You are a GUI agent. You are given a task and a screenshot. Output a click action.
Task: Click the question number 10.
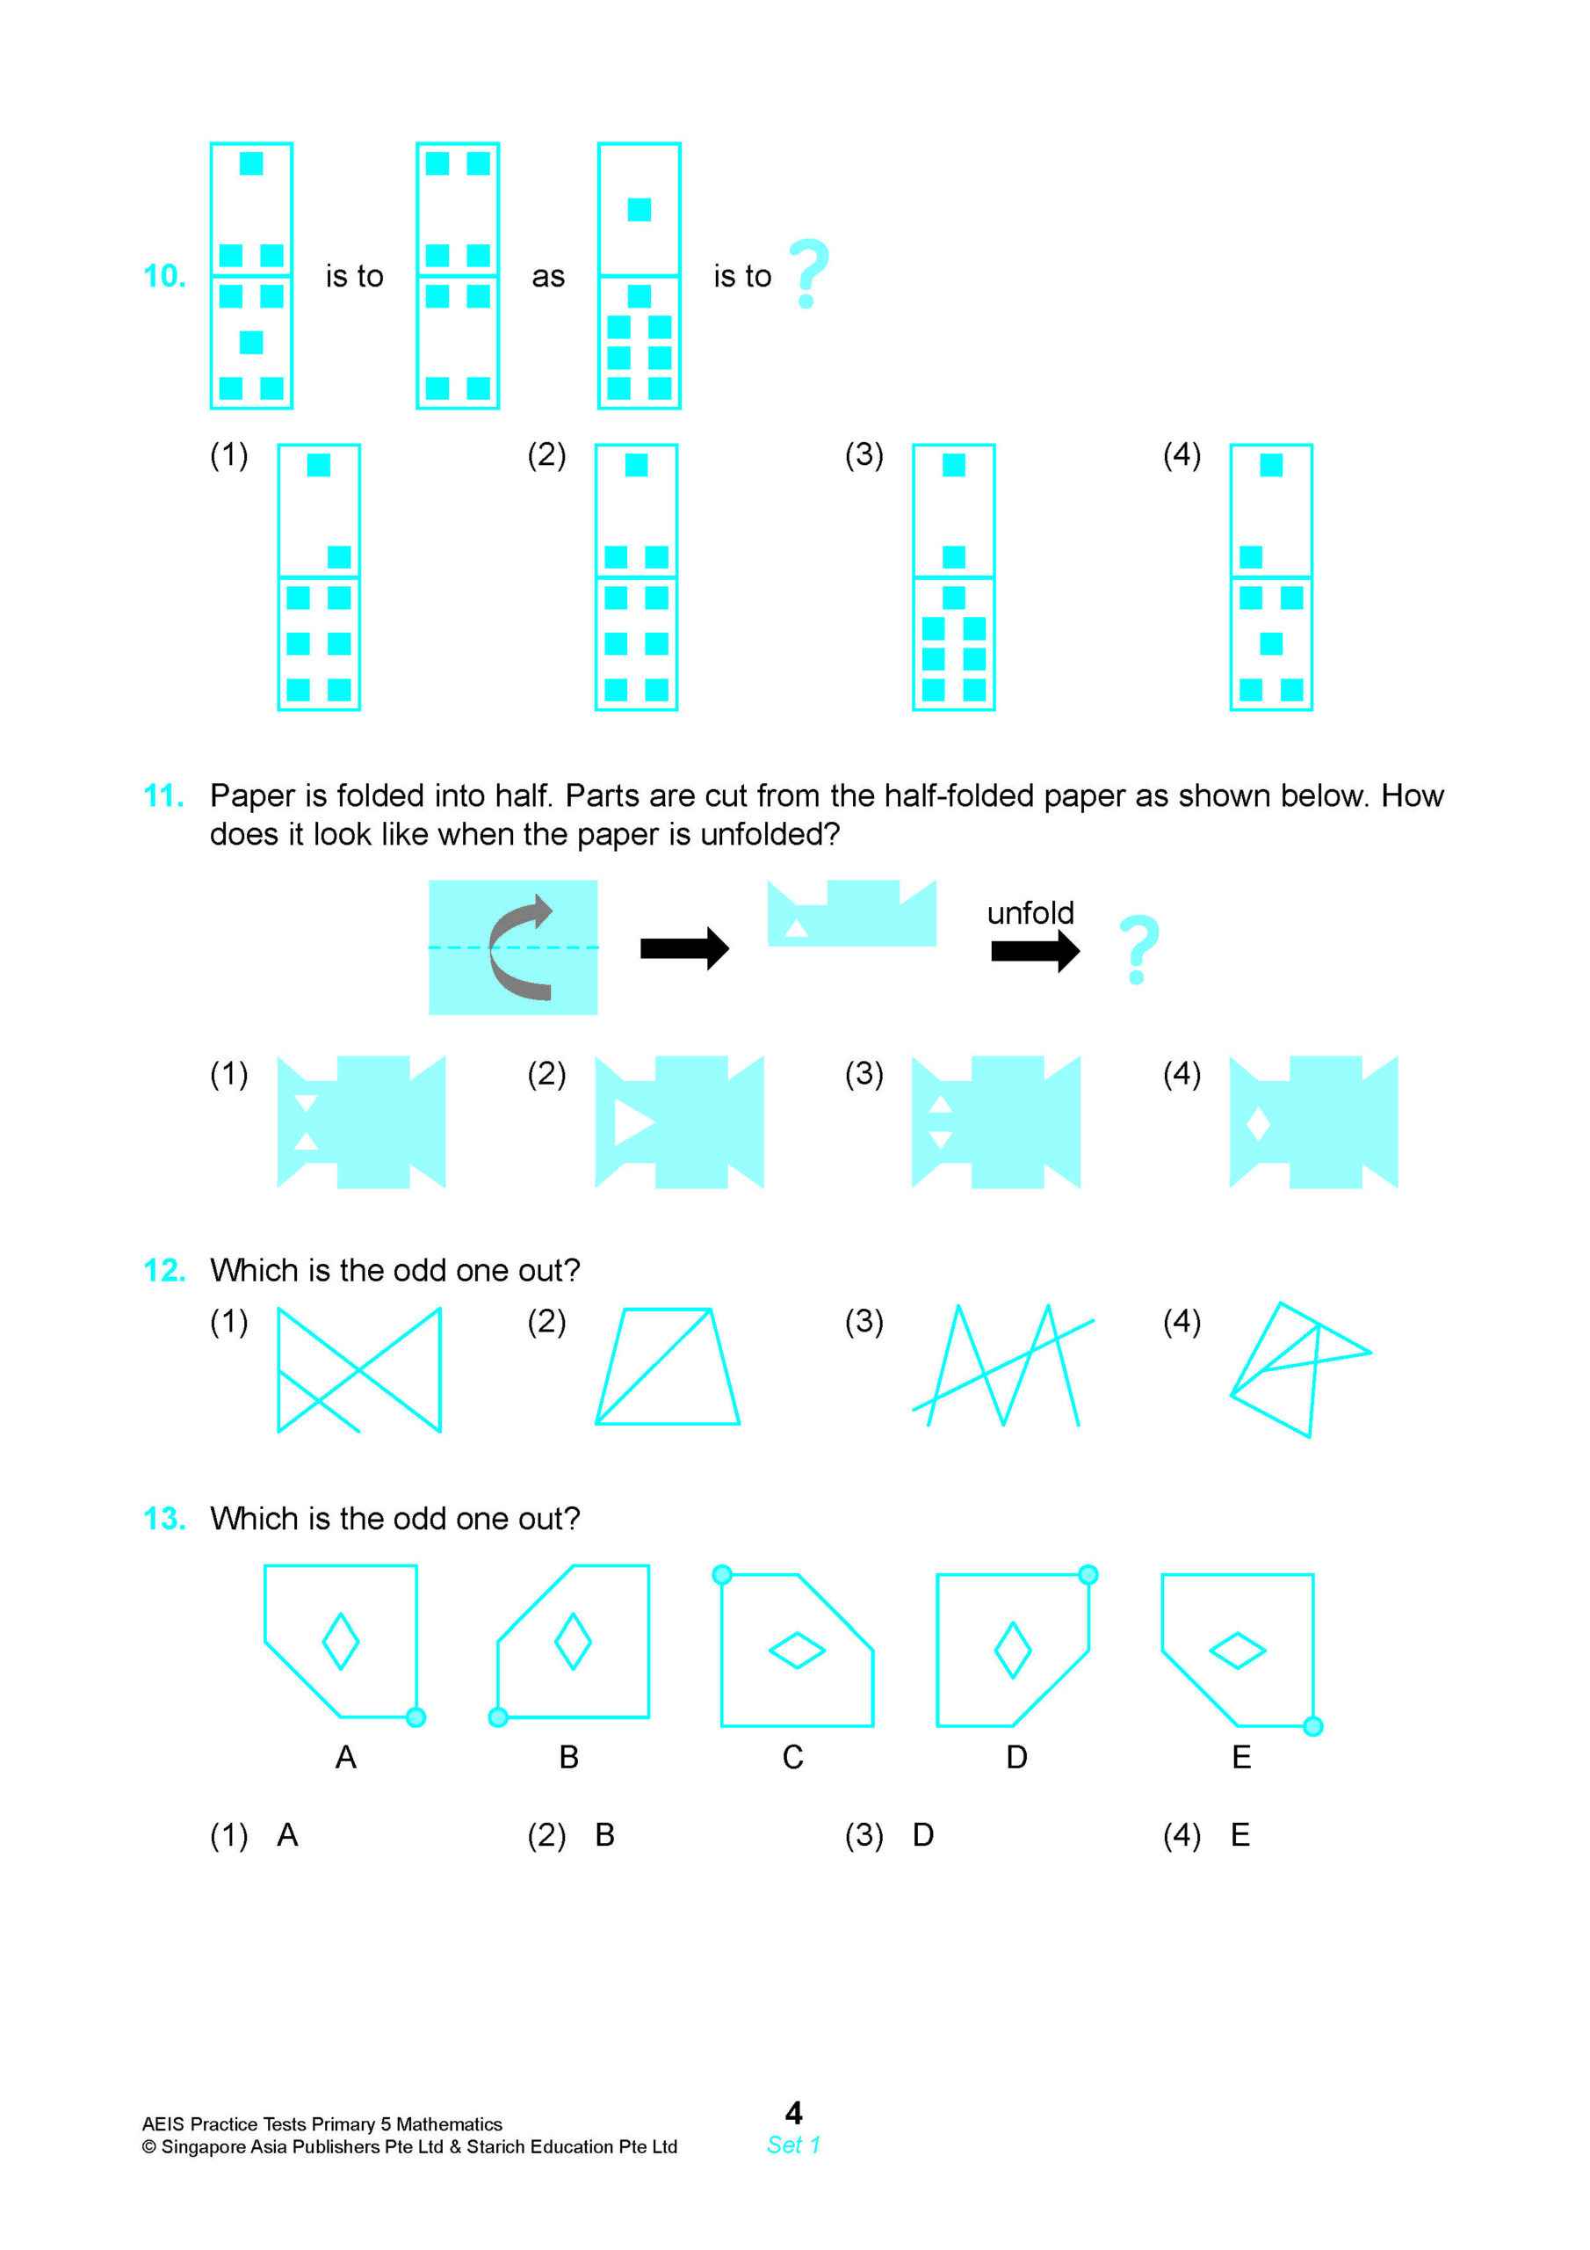pyautogui.click(x=164, y=276)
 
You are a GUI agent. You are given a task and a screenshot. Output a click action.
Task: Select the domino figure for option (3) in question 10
pyautogui.click(x=953, y=577)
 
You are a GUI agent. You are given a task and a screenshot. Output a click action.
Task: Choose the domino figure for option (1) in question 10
pyautogui.click(x=318, y=577)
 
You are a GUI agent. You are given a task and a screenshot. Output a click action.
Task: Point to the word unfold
pyautogui.click(x=1030, y=913)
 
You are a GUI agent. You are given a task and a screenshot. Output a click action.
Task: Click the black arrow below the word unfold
pyautogui.click(x=1035, y=951)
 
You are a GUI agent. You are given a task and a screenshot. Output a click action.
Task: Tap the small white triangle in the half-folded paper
pyautogui.click(x=797, y=928)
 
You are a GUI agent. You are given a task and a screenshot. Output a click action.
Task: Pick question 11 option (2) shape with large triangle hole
pyautogui.click(x=679, y=1122)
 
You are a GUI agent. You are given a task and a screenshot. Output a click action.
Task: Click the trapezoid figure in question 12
pyautogui.click(x=667, y=1366)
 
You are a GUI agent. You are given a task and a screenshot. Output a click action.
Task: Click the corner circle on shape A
pyautogui.click(x=416, y=1717)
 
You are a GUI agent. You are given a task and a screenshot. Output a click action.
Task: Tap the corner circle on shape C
pyautogui.click(x=722, y=1575)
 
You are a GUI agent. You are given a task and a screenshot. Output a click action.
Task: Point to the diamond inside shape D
pyautogui.click(x=1012, y=1650)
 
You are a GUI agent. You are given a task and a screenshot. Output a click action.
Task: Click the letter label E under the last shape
pyautogui.click(x=1240, y=1757)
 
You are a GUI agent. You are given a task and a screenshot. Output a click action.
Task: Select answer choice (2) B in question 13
pyautogui.click(x=604, y=1834)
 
